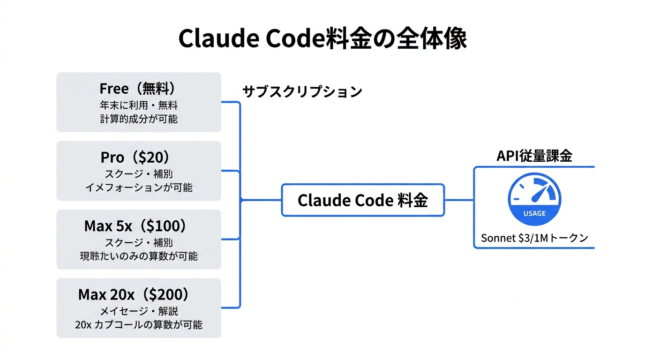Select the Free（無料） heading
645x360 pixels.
[138, 89]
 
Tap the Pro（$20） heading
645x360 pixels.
[138, 157]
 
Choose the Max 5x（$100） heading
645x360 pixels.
[138, 226]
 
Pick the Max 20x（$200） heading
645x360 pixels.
[138, 294]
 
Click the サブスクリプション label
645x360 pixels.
[302, 91]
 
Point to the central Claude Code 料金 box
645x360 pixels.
[363, 200]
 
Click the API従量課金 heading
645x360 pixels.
[534, 156]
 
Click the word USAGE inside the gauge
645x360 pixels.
[534, 213]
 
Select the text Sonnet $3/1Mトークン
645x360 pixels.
[534, 238]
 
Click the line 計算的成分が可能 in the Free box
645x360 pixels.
[139, 119]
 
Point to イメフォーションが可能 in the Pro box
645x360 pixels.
[139, 187]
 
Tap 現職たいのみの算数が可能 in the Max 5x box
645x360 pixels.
[139, 256]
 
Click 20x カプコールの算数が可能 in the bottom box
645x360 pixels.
[139, 324]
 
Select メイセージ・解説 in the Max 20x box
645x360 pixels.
[139, 311]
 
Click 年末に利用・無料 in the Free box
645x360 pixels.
[139, 105]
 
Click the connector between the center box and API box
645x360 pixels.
[459, 200]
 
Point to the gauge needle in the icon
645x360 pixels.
[541, 193]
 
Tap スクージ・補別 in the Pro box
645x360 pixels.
[139, 174]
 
